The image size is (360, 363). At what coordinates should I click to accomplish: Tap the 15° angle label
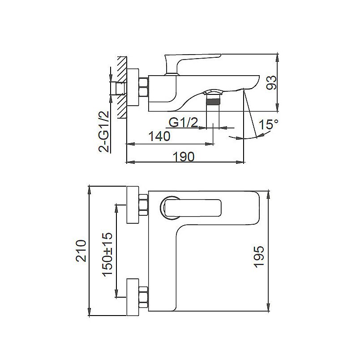coord(268,125)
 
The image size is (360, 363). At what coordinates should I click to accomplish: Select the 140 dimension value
coord(159,137)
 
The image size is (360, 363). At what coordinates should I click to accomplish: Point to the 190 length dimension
coord(183,156)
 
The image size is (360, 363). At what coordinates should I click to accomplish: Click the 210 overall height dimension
coord(81,251)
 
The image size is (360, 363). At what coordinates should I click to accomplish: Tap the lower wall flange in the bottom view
coord(133,295)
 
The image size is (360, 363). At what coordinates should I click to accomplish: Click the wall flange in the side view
coord(133,87)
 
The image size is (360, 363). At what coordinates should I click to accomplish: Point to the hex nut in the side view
coord(144,87)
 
